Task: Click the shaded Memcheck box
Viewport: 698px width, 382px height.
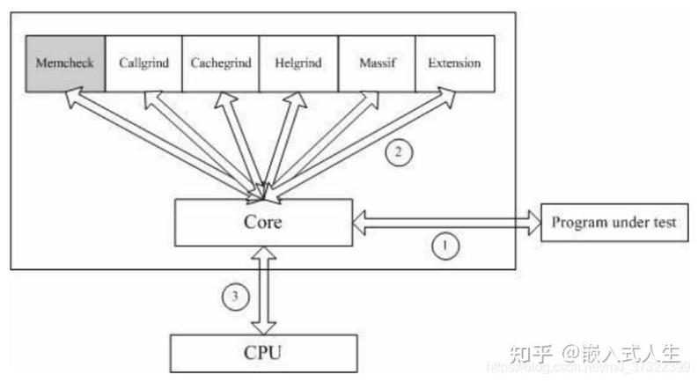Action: click(65, 63)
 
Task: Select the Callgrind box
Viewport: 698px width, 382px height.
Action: click(143, 63)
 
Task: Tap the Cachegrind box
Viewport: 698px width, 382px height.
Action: click(220, 63)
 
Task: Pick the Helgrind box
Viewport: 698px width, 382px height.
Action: click(298, 63)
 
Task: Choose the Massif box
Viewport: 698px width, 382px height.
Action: click(376, 63)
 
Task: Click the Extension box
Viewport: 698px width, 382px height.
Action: click(454, 63)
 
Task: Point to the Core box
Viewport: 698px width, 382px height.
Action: click(263, 223)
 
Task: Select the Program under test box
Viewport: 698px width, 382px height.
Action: click(614, 223)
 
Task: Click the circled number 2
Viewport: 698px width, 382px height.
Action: click(398, 152)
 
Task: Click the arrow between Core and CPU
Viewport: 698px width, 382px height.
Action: click(263, 290)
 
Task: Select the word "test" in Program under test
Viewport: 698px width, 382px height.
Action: click(659, 223)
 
